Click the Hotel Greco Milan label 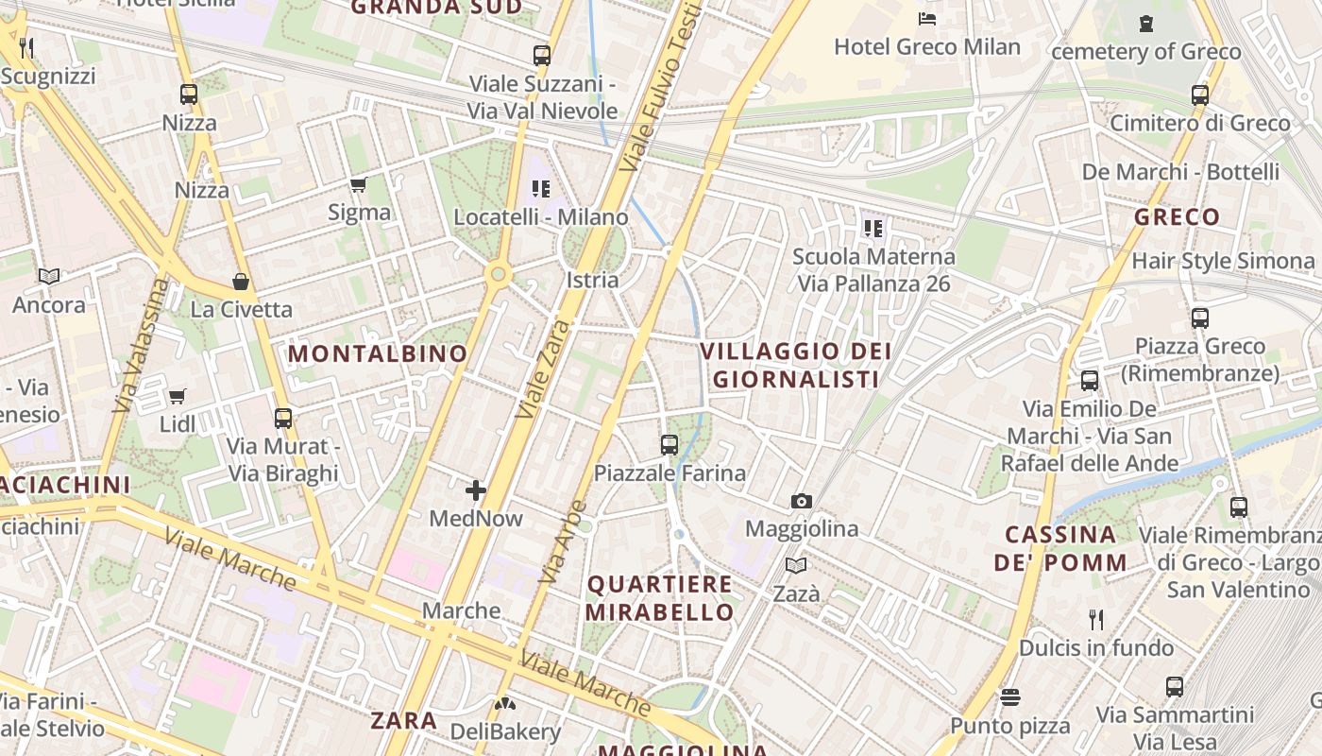[927, 46]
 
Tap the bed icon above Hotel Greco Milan [927, 18]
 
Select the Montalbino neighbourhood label [378, 354]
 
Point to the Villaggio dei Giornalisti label [796, 365]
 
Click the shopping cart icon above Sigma [358, 184]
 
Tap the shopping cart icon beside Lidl [177, 396]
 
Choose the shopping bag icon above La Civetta [241, 282]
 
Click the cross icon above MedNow [476, 490]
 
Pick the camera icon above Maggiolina [801, 501]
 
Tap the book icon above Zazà [796, 565]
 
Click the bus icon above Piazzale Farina [669, 444]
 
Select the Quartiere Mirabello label [659, 597]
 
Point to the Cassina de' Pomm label [1060, 548]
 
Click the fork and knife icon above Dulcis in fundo [1096, 620]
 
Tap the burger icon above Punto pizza [1010, 697]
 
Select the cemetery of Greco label [1145, 51]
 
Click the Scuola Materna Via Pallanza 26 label [873, 269]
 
